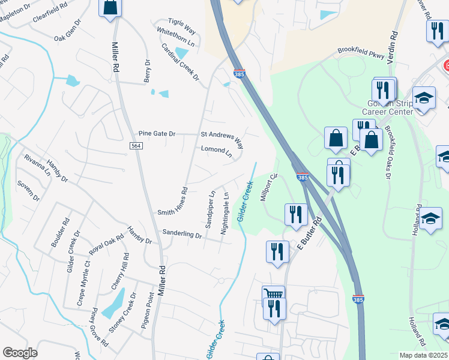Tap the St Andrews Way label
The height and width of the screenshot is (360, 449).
222,139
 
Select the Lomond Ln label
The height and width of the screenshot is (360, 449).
216,151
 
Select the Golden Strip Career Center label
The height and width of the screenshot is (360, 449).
390,107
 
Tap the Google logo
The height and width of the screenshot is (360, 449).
20,353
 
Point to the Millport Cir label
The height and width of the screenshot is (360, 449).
268,188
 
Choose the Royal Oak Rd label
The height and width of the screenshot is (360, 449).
107,244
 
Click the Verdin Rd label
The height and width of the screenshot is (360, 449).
394,44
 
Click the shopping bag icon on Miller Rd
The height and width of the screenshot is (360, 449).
110,8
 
